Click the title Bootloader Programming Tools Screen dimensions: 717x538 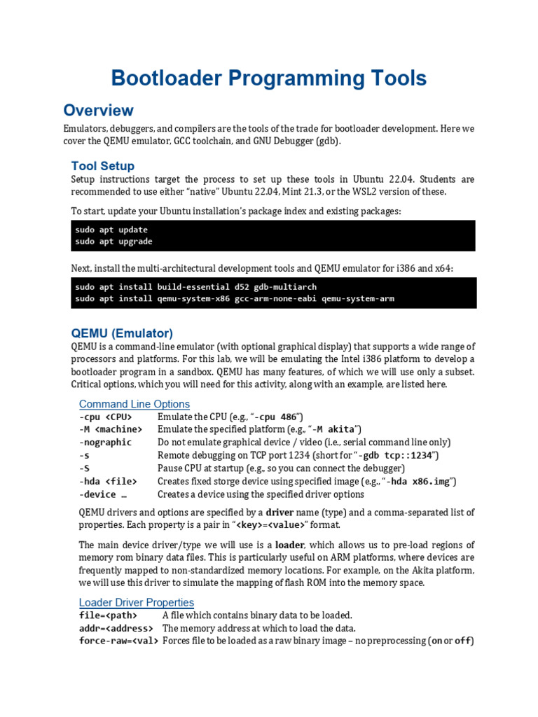pyautogui.click(x=269, y=78)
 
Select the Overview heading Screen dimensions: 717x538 pyautogui.click(x=98, y=111)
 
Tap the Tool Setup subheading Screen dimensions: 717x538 pyautogui.click(x=102, y=166)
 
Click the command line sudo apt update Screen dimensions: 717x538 pyautogui.click(x=111, y=230)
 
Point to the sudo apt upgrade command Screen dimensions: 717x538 pyautogui.click(x=113, y=242)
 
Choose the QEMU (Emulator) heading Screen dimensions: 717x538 pyautogui.click(x=122, y=333)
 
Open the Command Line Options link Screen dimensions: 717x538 pyautogui.click(x=134, y=404)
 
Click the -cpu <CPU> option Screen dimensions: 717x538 pyautogui.click(x=105, y=417)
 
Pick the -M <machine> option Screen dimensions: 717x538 pyautogui.click(x=110, y=430)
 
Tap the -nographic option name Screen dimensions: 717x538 pyautogui.click(x=105, y=443)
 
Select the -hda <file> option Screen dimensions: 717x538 pyautogui.click(x=108, y=481)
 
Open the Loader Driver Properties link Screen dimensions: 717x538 pyautogui.click(x=136, y=603)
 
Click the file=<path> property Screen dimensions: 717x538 pyautogui.click(x=108, y=615)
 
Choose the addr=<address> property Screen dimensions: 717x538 pyautogui.click(x=116, y=628)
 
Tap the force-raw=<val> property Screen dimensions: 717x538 pyautogui.click(x=118, y=641)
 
